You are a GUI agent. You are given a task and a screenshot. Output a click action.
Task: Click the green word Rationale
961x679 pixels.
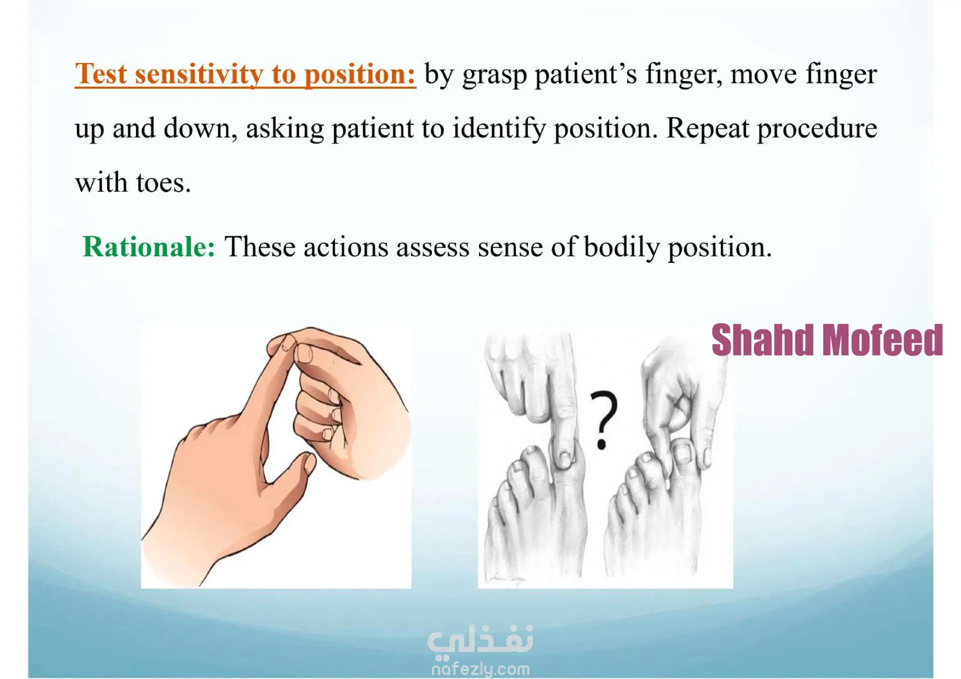[x=149, y=247]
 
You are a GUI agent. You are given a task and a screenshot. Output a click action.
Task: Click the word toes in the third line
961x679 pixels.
[x=163, y=183]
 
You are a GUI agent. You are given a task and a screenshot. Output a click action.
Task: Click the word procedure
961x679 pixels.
[x=817, y=129]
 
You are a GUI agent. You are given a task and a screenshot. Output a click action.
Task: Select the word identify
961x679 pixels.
[x=499, y=129]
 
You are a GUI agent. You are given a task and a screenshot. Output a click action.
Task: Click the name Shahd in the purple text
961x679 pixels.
[x=762, y=340]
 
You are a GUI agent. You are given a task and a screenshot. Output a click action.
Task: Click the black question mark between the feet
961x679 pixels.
[x=604, y=420]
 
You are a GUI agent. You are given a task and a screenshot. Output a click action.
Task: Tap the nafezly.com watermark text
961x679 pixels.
[x=480, y=669]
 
